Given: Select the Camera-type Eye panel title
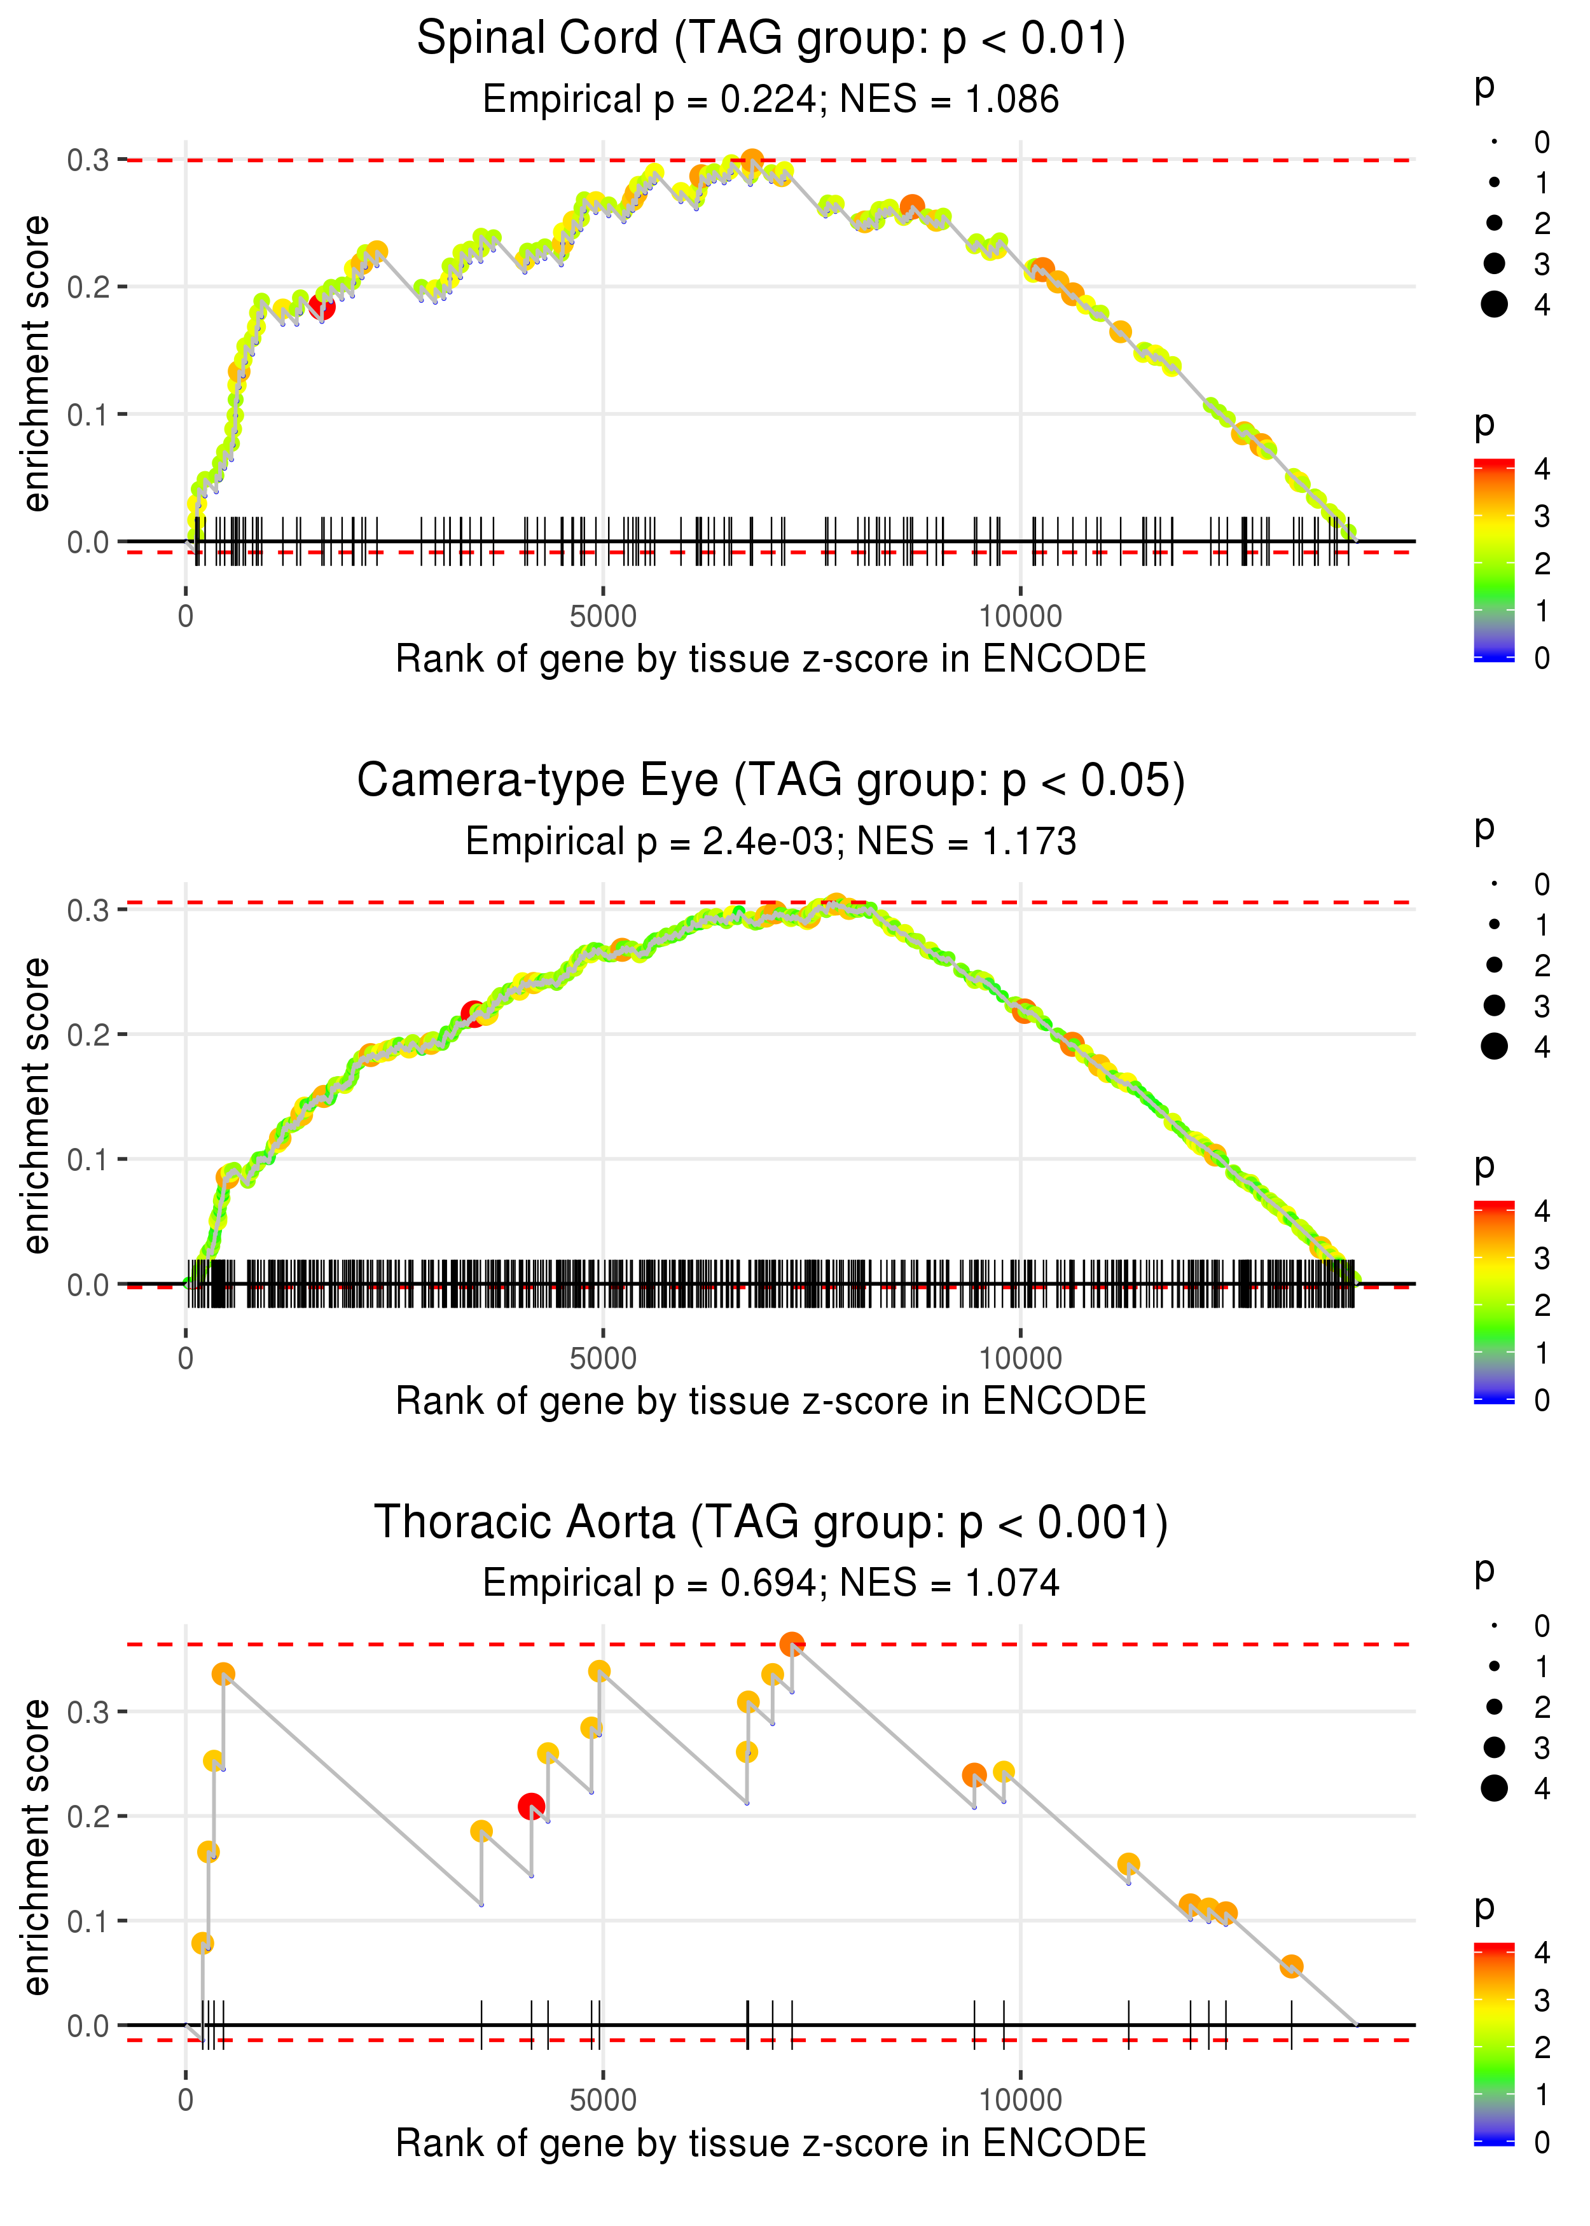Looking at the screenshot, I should [x=771, y=781].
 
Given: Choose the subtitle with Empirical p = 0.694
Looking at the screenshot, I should [x=771, y=1584].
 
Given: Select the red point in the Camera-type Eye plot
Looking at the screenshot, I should [x=474, y=1013].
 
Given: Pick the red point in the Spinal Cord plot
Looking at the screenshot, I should [x=322, y=307].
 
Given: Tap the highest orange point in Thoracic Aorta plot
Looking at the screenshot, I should [x=792, y=1643].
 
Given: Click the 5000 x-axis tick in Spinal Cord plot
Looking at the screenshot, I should [x=603, y=617].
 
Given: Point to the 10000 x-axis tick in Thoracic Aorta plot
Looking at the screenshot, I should [x=1020, y=2101].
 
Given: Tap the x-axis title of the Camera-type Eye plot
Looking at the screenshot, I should [x=771, y=1401].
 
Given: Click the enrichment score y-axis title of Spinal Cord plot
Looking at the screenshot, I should [x=36, y=364].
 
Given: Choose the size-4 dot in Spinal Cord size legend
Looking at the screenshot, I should [x=1494, y=305].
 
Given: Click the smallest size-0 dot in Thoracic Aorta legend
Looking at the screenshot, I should [x=1494, y=1626].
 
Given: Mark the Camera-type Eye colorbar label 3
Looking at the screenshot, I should [x=1541, y=1258].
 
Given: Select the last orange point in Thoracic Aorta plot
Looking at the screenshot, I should [x=1290, y=1967].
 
